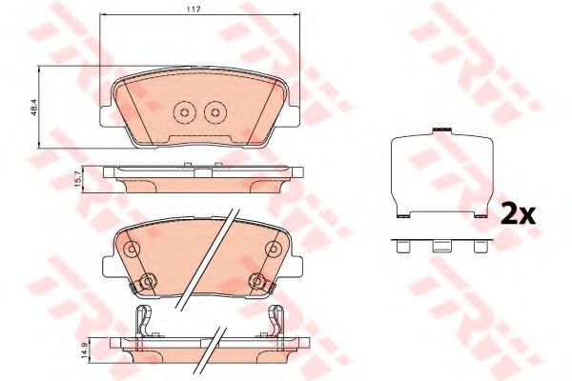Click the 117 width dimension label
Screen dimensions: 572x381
(x=194, y=10)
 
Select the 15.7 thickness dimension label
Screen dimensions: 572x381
(x=77, y=179)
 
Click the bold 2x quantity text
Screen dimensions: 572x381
(x=519, y=215)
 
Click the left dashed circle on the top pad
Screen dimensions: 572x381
(x=185, y=112)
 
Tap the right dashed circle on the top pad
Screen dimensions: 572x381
(x=215, y=112)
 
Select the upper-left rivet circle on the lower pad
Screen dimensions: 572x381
(x=132, y=250)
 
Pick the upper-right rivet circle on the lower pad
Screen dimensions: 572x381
(x=273, y=250)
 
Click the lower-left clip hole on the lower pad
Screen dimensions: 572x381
(x=148, y=282)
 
